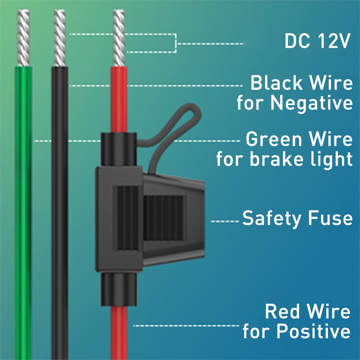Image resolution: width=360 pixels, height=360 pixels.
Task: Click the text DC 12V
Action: pos(317,41)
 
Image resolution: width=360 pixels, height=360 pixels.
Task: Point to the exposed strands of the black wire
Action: pos(59,38)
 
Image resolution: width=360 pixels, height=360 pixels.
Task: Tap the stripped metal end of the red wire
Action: pos(119,38)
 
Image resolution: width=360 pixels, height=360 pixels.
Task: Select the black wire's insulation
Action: pos(60,216)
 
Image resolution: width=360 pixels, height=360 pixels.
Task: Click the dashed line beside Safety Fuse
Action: pos(225,221)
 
